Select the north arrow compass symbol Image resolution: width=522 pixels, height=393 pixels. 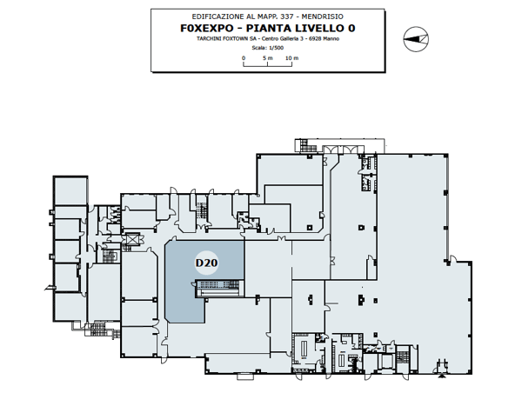[414, 36]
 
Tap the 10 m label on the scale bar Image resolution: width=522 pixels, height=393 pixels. [291, 57]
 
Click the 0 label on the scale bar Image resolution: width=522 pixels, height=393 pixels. [244, 57]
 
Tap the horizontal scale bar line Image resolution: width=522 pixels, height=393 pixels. [267, 64]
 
